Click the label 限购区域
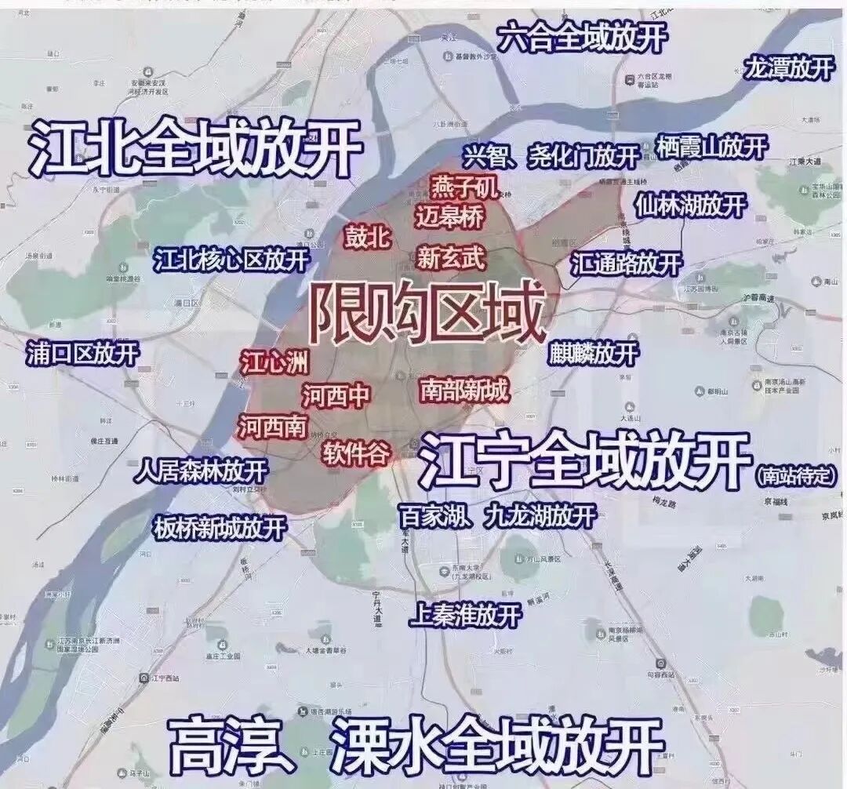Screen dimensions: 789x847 click(x=426, y=315)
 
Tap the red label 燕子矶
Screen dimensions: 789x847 click(x=463, y=187)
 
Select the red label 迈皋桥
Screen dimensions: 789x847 click(x=450, y=216)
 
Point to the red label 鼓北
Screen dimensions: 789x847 click(x=368, y=238)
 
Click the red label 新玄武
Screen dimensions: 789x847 click(x=451, y=258)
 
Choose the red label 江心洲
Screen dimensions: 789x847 click(x=274, y=362)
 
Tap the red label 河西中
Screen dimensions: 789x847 click(x=336, y=394)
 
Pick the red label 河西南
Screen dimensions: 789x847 click(x=273, y=426)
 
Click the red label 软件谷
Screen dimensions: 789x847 click(x=356, y=453)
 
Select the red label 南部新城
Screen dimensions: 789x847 click(x=464, y=389)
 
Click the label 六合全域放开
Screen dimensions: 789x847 click(x=583, y=37)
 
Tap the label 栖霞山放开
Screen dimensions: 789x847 click(x=711, y=147)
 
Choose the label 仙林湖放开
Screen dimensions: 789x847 click(x=691, y=205)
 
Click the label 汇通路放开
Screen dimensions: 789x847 click(x=626, y=263)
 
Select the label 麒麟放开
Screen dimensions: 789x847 click(x=594, y=353)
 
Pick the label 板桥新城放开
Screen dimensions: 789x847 click(x=220, y=528)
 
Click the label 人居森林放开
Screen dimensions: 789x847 click(x=201, y=471)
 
